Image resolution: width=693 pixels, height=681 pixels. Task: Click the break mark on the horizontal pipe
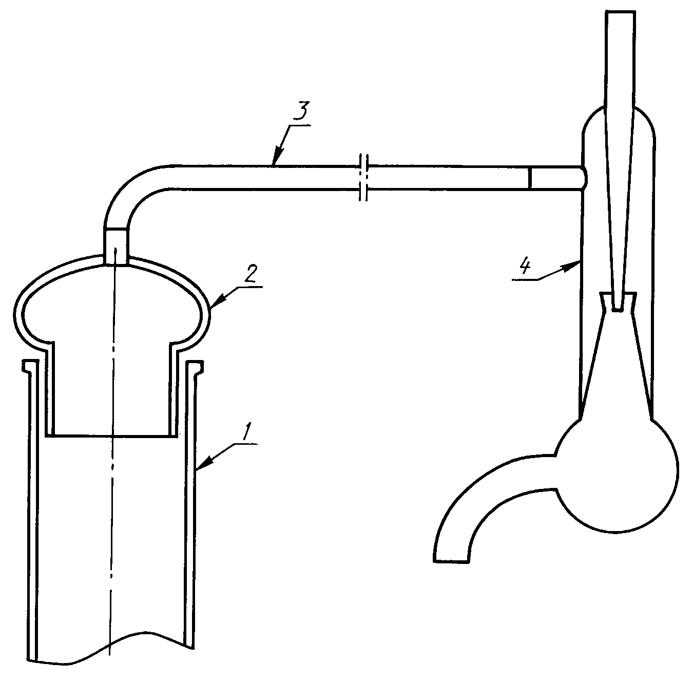pos(364,178)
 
